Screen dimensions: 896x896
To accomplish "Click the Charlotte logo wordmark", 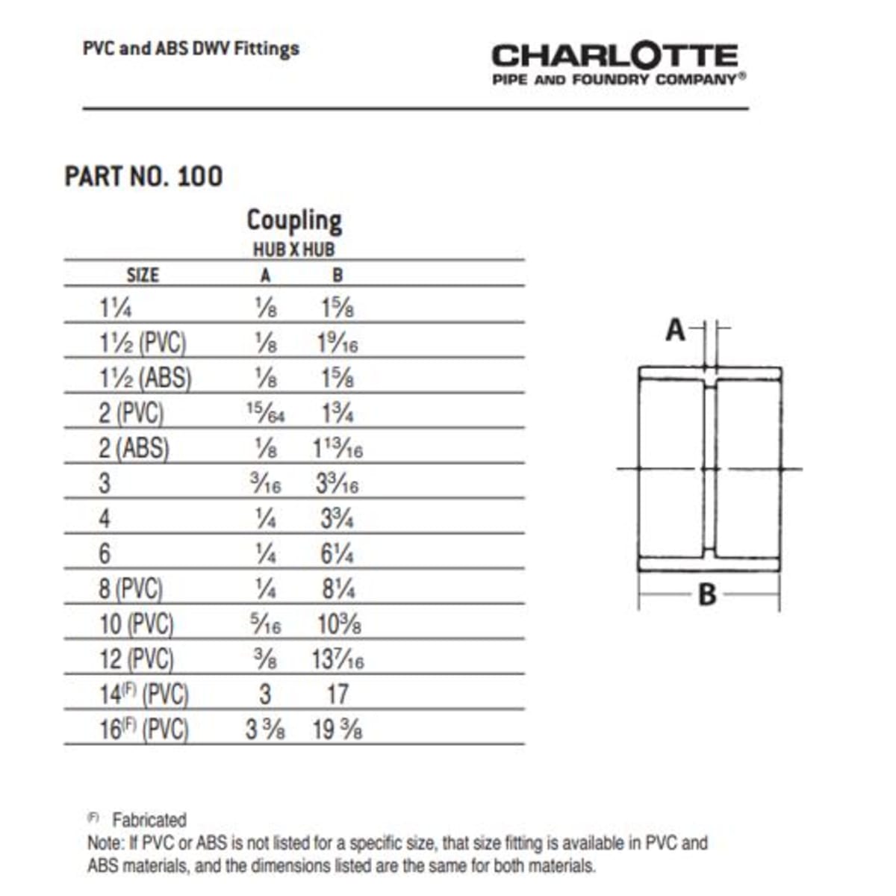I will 615,57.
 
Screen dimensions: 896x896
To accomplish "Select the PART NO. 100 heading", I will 143,176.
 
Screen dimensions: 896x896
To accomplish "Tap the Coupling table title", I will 294,220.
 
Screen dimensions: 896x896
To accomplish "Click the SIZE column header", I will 143,276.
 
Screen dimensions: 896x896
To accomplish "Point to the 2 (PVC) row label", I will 131,413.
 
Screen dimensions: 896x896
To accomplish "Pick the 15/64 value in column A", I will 265,413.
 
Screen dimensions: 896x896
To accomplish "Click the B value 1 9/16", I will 337,343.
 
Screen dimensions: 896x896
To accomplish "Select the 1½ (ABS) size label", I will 145,378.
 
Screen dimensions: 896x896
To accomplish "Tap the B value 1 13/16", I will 337,448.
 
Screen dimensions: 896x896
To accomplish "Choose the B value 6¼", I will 337,553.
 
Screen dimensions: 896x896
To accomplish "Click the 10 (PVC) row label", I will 136,623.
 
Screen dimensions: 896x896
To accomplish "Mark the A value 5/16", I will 265,623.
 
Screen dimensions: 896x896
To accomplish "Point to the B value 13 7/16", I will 337,659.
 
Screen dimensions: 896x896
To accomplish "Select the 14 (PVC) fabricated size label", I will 143,694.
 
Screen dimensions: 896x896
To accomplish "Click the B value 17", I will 337,694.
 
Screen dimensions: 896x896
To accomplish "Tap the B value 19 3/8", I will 337,729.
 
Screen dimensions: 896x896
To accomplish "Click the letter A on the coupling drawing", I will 675,329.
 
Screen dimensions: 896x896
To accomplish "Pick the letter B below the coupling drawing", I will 706,594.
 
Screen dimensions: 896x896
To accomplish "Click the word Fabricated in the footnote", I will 149,819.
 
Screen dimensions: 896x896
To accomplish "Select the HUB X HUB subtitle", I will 294,249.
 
